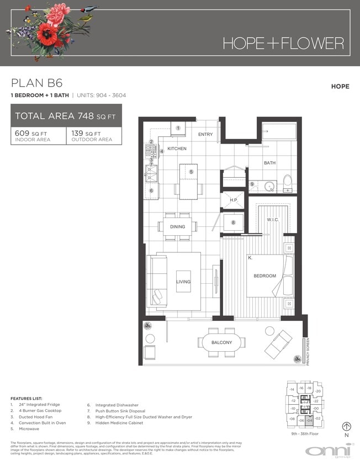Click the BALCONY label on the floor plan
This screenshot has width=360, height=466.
click(x=221, y=343)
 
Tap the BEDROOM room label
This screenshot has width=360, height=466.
click(x=264, y=276)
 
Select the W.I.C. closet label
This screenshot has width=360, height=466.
click(x=273, y=220)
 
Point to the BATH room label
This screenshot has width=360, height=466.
click(x=269, y=163)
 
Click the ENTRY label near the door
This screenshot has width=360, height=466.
click(x=205, y=134)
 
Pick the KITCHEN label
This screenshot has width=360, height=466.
click(x=177, y=149)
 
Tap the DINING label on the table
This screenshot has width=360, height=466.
click(x=177, y=227)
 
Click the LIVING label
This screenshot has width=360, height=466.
click(x=183, y=282)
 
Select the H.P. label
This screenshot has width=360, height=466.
click(x=234, y=200)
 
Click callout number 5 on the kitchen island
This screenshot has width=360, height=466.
click(x=191, y=172)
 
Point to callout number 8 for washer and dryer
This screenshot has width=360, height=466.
click(x=234, y=223)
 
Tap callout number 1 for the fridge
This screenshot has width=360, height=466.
click(x=178, y=128)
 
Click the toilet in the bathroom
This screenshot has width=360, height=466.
click(x=287, y=183)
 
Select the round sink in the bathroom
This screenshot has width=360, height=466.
click(x=270, y=186)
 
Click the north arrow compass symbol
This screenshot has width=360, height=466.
click(x=347, y=426)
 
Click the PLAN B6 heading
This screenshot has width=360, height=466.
click(x=36, y=83)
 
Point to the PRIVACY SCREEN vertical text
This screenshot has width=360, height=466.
click(x=308, y=351)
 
